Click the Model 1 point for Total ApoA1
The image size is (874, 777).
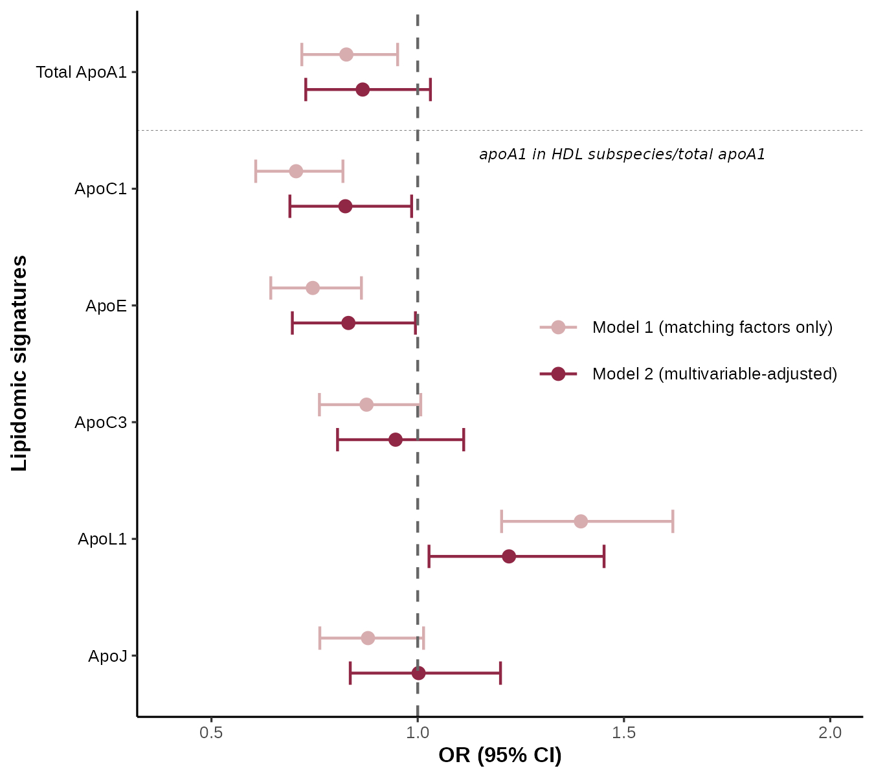pyautogui.click(x=346, y=54)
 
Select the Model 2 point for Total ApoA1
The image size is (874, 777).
pyautogui.click(x=363, y=89)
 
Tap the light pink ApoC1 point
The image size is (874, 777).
pyautogui.click(x=296, y=171)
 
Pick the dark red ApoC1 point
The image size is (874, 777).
pyautogui.click(x=345, y=206)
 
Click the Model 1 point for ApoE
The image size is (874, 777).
pyautogui.click(x=313, y=288)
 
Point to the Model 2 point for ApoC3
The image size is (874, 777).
pyautogui.click(x=396, y=440)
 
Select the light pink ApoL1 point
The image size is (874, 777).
pyautogui.click(x=581, y=521)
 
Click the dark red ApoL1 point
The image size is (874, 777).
pyautogui.click(x=509, y=556)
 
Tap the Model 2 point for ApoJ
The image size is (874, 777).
pyautogui.click(x=419, y=673)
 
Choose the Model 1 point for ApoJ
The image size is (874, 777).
pyautogui.click(x=368, y=638)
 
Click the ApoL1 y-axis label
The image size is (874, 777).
pyautogui.click(x=102, y=539)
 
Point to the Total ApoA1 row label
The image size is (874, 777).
pyautogui.click(x=81, y=72)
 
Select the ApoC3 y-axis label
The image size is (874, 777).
pyautogui.click(x=101, y=422)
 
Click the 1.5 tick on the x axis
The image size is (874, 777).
pyautogui.click(x=623, y=733)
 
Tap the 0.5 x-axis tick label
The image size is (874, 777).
pyautogui.click(x=211, y=733)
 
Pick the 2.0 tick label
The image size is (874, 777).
pyautogui.click(x=830, y=733)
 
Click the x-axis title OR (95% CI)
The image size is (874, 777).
pyautogui.click(x=500, y=755)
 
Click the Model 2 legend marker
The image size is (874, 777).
pyautogui.click(x=558, y=374)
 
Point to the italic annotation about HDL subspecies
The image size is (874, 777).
pyautogui.click(x=622, y=154)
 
